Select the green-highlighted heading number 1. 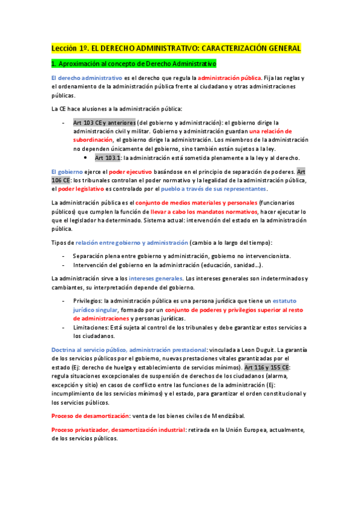pos(53,64)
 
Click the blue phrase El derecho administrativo pos(87,78)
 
